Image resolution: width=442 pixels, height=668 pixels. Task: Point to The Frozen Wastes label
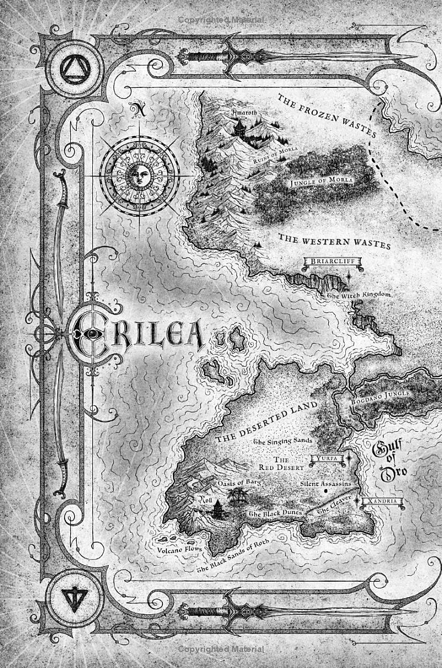click(x=327, y=116)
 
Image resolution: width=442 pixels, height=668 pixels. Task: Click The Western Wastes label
click(x=334, y=241)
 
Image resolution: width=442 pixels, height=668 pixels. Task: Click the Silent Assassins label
click(x=325, y=483)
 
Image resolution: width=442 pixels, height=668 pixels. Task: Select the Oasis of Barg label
click(x=239, y=482)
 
